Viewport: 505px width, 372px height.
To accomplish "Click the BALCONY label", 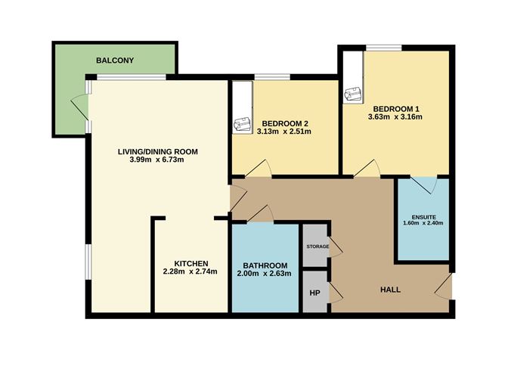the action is coord(115,60).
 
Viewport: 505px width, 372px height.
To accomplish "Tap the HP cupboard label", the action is coord(314,293).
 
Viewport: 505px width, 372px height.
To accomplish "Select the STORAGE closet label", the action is coord(318,246).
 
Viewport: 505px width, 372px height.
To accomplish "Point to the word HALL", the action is coord(390,290).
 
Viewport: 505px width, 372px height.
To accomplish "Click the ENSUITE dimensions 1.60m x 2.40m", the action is coord(423,223).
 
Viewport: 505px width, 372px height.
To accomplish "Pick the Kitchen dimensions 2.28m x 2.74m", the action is coord(190,271).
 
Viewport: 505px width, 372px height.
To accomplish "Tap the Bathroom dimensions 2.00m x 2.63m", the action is coord(264,274).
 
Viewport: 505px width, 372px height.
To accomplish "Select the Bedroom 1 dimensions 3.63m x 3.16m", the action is coord(395,116).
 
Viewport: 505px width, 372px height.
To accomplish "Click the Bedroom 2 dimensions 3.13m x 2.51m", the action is coord(284,132).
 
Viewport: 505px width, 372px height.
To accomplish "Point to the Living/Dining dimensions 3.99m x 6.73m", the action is coord(156,160).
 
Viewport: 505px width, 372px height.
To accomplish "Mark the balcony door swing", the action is coord(79,107).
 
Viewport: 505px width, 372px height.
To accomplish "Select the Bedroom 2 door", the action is coord(259,168).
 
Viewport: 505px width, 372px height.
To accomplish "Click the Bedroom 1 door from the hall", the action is coord(367,168).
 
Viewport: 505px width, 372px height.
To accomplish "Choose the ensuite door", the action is coord(424,185).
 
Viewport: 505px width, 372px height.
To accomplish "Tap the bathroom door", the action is coord(261,213).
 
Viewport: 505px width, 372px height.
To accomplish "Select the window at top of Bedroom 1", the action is coord(384,48).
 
